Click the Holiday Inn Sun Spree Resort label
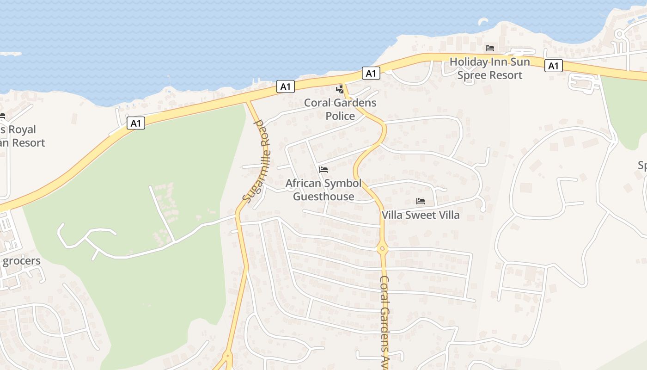point(489,68)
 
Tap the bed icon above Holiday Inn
point(489,48)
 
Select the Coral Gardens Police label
point(340,109)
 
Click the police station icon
point(341,89)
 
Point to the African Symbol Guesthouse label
point(323,190)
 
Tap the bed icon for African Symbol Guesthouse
point(323,170)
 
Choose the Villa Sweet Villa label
point(421,215)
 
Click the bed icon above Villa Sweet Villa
point(421,201)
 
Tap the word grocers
point(22,261)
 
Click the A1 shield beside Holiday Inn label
point(553,66)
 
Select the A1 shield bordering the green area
point(135,123)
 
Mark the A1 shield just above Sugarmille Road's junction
point(286,86)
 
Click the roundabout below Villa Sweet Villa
point(382,249)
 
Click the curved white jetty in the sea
point(482,21)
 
